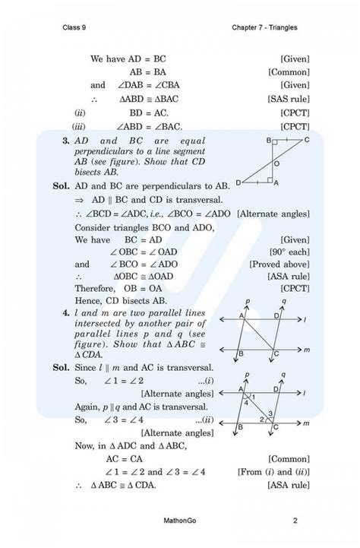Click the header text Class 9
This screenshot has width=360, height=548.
pos(74,28)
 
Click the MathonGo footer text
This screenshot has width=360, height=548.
pos(179,521)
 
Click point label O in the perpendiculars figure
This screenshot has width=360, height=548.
pos(276,163)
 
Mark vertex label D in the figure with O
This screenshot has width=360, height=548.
pos(238,183)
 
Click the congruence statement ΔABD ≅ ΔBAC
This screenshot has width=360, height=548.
pos(142,99)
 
